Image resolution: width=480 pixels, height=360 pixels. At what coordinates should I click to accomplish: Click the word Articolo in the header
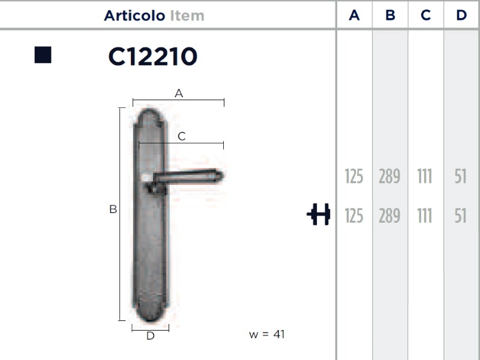click(134, 16)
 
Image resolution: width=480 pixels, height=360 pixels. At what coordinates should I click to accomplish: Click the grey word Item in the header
click(187, 16)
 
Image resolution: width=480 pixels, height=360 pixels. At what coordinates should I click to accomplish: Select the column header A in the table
click(354, 15)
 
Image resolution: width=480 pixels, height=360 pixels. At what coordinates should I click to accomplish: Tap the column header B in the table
click(391, 15)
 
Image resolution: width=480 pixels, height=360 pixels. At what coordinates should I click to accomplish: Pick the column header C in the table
click(426, 15)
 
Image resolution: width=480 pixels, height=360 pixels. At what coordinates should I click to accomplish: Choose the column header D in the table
click(461, 15)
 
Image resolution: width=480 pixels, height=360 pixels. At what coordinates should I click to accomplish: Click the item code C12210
click(153, 56)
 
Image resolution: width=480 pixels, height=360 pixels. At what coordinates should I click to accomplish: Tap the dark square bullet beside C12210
click(43, 55)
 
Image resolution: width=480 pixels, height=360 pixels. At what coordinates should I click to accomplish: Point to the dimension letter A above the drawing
click(179, 94)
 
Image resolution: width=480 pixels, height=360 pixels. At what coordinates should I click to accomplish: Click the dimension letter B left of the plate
click(113, 209)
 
